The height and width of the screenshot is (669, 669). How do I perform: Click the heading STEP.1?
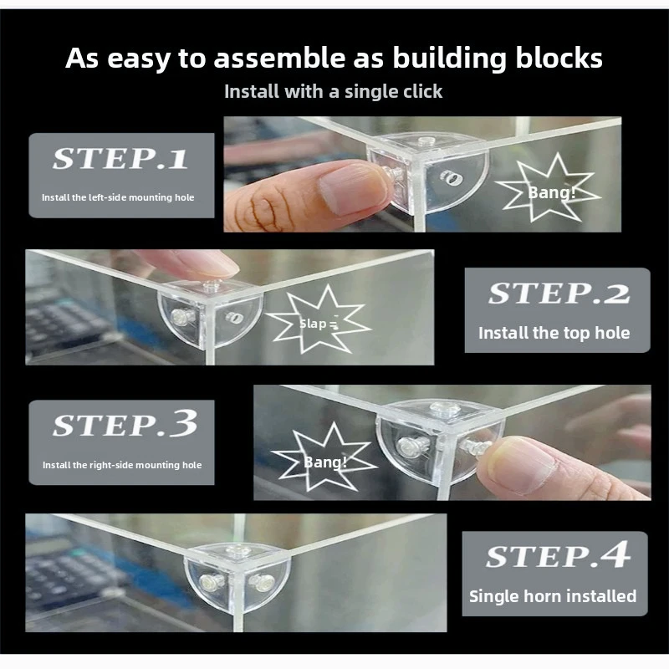[120, 159]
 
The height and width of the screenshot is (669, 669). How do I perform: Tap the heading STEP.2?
[559, 294]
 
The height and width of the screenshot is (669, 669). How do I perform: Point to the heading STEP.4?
[558, 554]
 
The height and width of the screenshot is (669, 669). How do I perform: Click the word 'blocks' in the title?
[559, 58]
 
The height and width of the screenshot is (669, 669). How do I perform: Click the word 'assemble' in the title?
[279, 59]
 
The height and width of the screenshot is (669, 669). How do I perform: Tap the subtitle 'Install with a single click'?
[333, 92]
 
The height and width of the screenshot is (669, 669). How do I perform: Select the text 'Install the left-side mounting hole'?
[118, 197]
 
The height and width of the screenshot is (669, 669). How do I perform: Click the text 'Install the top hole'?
[554, 333]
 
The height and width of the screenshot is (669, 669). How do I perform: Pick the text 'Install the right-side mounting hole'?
[122, 465]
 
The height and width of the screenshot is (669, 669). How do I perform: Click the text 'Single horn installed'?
[553, 596]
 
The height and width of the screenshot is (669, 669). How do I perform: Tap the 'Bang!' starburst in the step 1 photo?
[549, 190]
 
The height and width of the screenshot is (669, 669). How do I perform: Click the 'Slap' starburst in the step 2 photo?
[319, 321]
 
